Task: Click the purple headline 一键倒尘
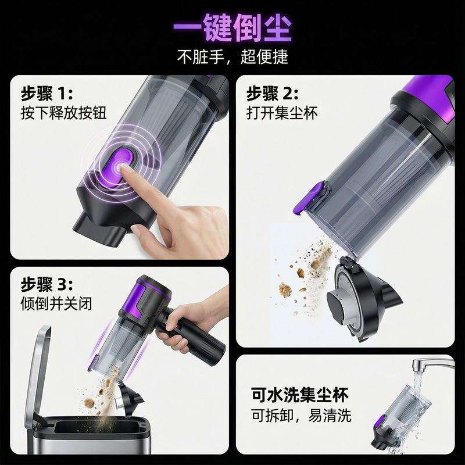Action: [232, 28]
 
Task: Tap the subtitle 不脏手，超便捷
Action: [233, 56]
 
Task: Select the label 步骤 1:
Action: [46, 94]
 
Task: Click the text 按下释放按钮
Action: [63, 113]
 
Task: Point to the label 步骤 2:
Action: [272, 94]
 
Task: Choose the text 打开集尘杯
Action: [282, 113]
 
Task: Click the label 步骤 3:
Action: [46, 285]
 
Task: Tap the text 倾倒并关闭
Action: [56, 303]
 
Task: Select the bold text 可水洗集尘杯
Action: [299, 395]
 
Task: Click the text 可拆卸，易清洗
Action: [301, 415]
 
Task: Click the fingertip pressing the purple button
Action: [123, 169]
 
